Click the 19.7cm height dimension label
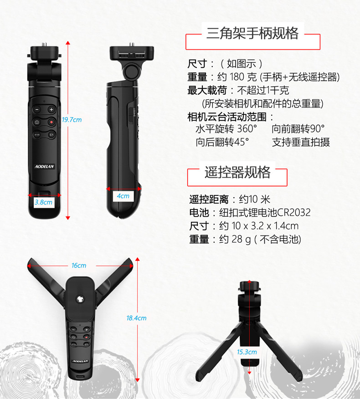72,120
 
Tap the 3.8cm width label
44,202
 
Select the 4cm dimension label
123,196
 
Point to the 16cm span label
79,266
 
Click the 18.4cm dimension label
136,318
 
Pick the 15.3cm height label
247,352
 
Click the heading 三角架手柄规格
252,33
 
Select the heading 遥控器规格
237,172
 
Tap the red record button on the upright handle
51,122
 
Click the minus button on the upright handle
37,109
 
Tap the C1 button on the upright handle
51,135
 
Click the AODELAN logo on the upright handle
45,166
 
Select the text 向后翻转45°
222,142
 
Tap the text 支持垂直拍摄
301,142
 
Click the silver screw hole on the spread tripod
80,299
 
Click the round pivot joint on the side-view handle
132,72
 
